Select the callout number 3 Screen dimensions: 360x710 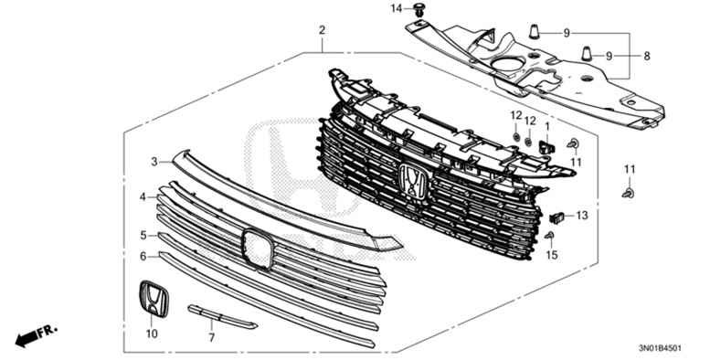coord(154,162)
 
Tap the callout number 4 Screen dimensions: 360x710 coord(143,196)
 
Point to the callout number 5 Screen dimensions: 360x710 coord(143,235)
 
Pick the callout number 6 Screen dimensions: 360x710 coord(143,257)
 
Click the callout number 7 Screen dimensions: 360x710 coord(211,338)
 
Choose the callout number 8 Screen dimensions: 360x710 coord(647,57)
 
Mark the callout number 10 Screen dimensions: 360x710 coord(152,334)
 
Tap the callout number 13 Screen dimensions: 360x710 coord(582,216)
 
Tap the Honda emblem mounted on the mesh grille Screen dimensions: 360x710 coord(414,182)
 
